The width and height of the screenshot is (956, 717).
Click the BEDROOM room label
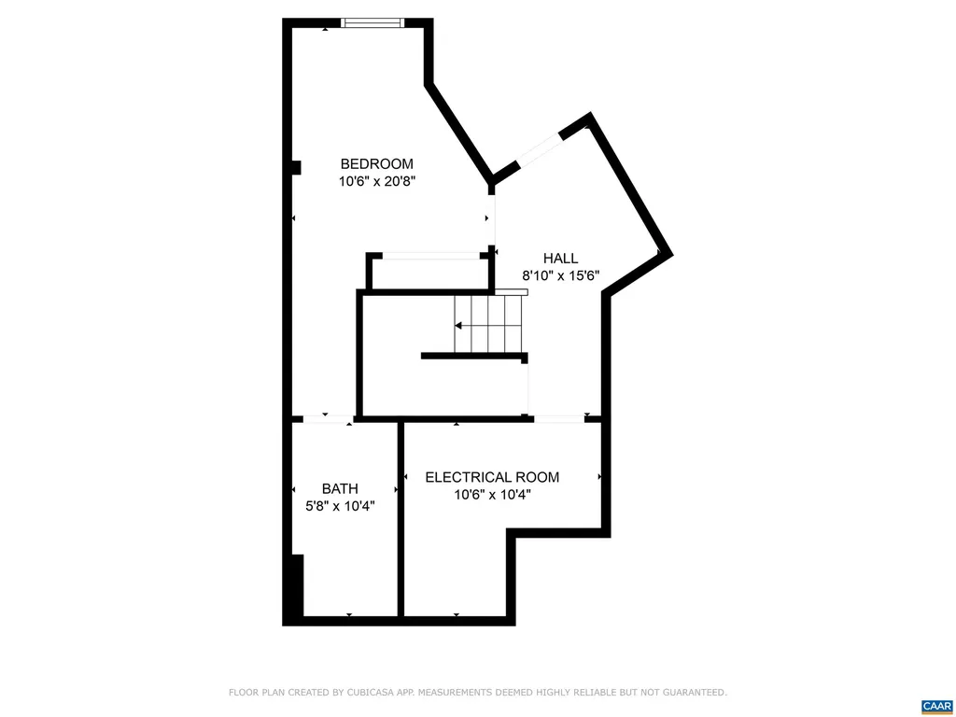(x=376, y=163)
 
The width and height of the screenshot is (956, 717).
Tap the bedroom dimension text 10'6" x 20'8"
(x=376, y=182)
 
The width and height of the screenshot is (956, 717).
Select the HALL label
(x=560, y=259)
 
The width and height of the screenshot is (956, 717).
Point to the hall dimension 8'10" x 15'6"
(x=560, y=276)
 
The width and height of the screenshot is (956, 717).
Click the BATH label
(x=340, y=488)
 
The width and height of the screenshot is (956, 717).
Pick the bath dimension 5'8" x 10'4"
(x=340, y=507)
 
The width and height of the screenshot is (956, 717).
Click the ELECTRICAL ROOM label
(x=492, y=477)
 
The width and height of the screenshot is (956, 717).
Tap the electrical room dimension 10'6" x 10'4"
(x=492, y=496)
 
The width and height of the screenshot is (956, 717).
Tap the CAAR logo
(x=935, y=706)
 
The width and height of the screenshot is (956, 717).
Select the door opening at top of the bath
(x=324, y=419)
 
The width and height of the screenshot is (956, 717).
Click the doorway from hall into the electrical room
(x=559, y=419)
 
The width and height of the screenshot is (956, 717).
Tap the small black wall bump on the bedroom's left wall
(x=295, y=168)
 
